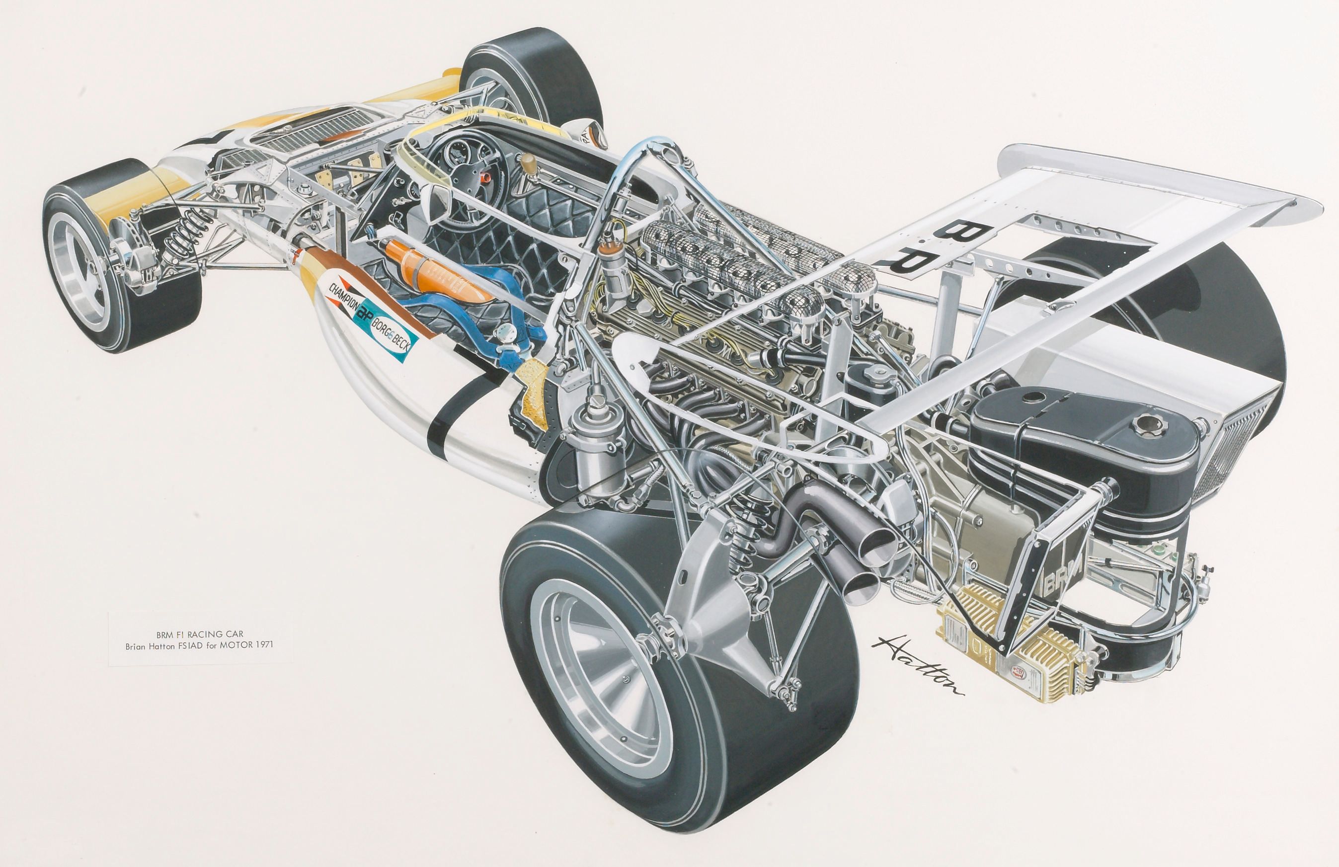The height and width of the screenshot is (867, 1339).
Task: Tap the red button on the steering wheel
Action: point(487,178)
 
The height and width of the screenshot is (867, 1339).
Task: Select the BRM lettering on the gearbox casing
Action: point(1059,581)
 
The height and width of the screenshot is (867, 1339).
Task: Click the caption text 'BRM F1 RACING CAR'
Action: point(200,634)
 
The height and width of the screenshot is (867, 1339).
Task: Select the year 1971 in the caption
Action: point(263,645)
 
